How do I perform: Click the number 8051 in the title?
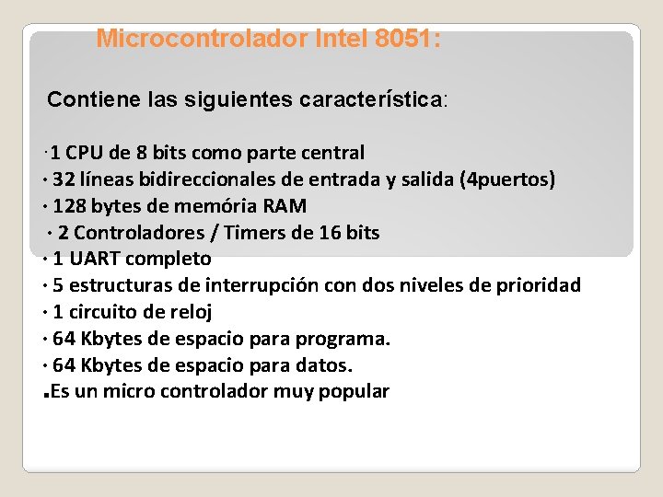(x=405, y=40)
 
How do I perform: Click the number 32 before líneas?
(x=64, y=179)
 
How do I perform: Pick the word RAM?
(x=285, y=205)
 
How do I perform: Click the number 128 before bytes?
(x=70, y=205)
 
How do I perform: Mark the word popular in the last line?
(x=354, y=392)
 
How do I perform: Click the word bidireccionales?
(x=203, y=179)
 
